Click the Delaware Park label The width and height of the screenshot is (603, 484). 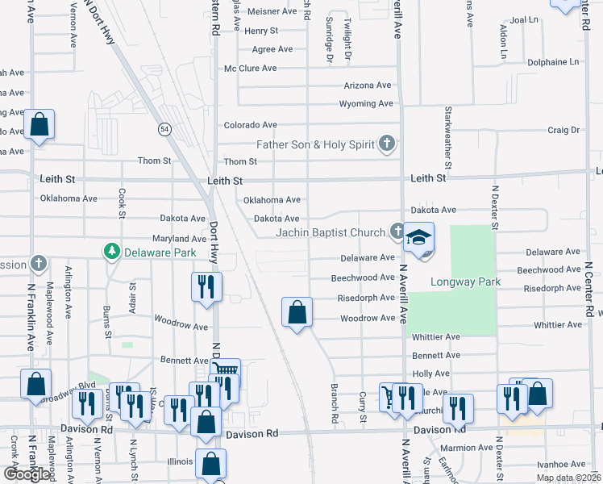(x=160, y=252)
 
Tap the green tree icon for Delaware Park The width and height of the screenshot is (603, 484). (x=112, y=252)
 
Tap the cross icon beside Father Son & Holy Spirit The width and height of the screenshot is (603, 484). (x=387, y=144)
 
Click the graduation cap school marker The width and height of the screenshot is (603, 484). (x=418, y=238)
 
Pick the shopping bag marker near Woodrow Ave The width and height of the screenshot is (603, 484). (x=297, y=311)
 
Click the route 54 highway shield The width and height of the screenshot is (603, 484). (x=164, y=128)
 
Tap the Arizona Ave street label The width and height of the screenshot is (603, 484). (x=367, y=85)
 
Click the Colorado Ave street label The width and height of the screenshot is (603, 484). (x=250, y=125)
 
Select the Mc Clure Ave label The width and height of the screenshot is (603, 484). (x=250, y=69)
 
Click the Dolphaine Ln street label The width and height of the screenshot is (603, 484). (x=553, y=61)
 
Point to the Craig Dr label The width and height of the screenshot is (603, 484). (x=563, y=130)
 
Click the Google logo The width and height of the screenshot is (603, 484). (x=27, y=474)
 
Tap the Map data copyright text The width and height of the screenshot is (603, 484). (x=568, y=478)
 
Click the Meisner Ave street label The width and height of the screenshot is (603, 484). (x=272, y=11)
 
